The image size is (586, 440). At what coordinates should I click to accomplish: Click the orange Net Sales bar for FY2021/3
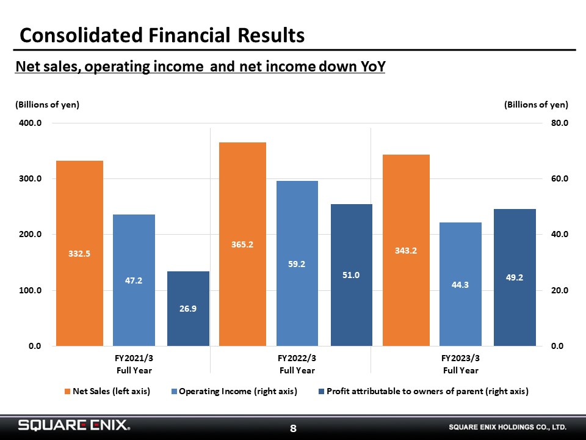(79, 253)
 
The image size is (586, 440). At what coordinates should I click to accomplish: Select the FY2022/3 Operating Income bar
(297, 263)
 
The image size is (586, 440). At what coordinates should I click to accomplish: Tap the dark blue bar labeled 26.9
(188, 309)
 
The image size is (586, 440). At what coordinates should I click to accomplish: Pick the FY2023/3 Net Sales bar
(407, 251)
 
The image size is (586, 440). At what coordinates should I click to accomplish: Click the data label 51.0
(351, 275)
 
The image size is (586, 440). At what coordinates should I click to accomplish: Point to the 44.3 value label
(460, 285)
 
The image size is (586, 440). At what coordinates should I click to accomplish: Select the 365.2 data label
(242, 244)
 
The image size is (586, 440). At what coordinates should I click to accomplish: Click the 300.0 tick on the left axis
(31, 178)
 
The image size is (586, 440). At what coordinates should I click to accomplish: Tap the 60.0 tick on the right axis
(560, 178)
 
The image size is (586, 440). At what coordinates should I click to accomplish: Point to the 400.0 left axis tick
(31, 123)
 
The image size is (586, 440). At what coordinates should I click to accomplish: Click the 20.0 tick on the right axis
(560, 290)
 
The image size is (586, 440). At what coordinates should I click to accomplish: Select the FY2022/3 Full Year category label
(297, 364)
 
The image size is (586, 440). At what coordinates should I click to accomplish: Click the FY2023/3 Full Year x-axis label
(460, 364)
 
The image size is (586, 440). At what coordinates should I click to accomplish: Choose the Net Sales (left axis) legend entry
(107, 391)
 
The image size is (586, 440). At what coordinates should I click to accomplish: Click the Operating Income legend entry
(234, 391)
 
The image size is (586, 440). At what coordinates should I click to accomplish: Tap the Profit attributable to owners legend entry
(424, 391)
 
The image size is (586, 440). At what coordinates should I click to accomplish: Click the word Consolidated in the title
(81, 35)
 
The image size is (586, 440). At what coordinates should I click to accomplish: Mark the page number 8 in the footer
(294, 428)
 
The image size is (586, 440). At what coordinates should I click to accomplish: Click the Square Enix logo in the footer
(74, 425)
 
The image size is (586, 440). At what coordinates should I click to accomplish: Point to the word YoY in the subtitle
(372, 66)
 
